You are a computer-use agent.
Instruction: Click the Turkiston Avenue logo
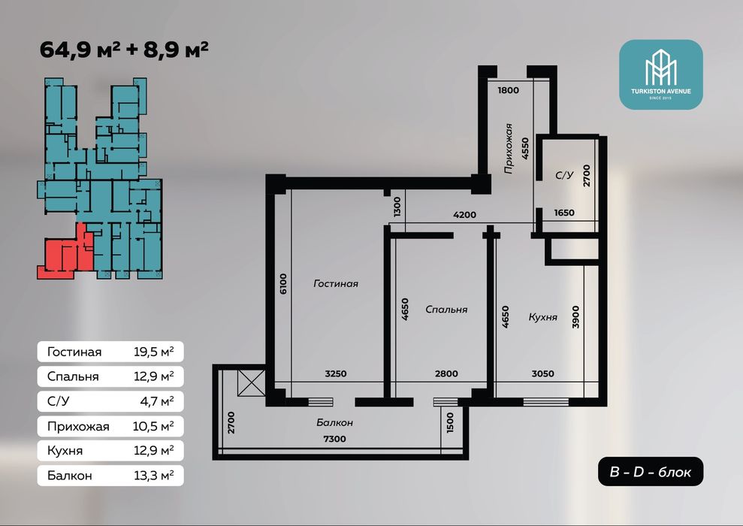click(x=660, y=74)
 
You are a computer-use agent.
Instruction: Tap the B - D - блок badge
click(x=651, y=472)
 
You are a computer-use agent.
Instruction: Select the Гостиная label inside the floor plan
click(x=335, y=284)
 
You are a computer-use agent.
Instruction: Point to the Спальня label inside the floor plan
click(x=446, y=309)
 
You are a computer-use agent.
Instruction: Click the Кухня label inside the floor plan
click(x=542, y=317)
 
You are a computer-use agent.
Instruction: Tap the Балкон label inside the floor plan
click(x=334, y=423)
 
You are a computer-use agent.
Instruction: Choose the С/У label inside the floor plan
click(x=563, y=176)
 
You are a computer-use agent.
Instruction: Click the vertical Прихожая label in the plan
click(x=509, y=149)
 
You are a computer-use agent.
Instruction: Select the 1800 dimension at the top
click(x=509, y=91)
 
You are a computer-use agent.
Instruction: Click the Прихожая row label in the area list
click(x=78, y=426)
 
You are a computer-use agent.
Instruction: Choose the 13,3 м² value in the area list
click(x=152, y=476)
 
